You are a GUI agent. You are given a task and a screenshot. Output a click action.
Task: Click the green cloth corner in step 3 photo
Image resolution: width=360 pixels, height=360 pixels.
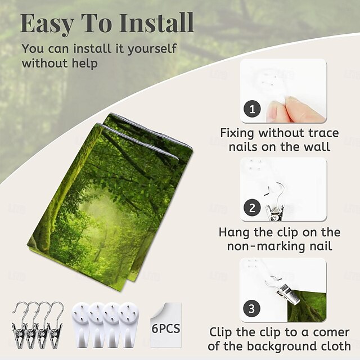click(309, 307)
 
